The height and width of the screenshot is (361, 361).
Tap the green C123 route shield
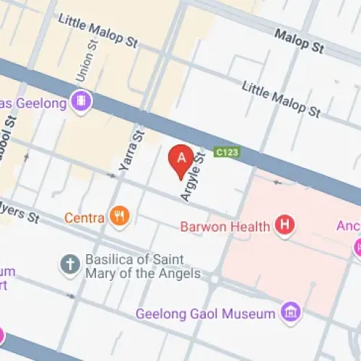[226, 152]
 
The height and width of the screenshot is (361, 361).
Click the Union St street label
[85, 61]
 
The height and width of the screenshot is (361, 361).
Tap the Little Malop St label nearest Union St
[97, 30]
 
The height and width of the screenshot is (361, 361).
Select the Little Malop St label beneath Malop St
[281, 99]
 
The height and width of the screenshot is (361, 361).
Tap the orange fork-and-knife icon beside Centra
[119, 216]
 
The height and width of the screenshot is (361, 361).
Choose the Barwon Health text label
[225, 226]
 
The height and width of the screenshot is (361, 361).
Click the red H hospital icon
[286, 226]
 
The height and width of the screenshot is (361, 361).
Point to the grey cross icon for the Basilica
[70, 264]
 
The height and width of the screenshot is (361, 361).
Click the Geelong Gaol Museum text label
[206, 313]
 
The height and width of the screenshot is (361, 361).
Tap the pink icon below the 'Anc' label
[357, 248]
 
